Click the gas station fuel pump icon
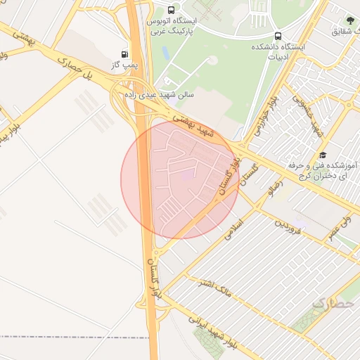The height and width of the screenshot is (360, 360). [x=125, y=53]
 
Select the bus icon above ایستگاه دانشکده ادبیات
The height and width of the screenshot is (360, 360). [x=278, y=36]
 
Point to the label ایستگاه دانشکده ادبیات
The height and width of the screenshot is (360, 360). [x=278, y=51]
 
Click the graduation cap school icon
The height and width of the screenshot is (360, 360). [x=323, y=155]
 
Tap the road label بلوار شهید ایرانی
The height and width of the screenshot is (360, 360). [x=219, y=328]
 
